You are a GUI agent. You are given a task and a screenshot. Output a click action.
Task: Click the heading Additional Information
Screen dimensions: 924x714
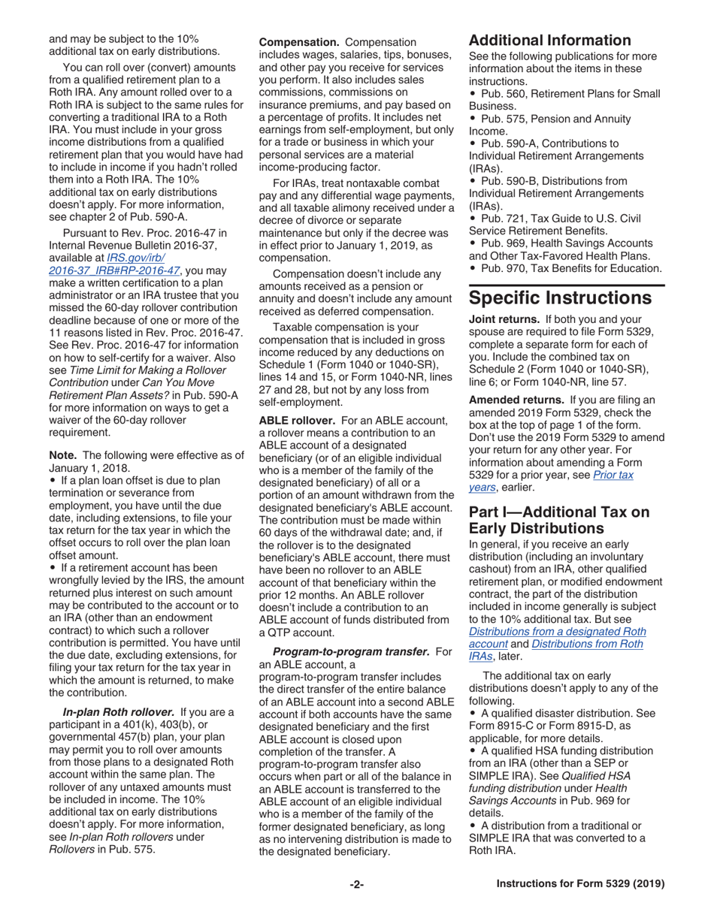click(549, 41)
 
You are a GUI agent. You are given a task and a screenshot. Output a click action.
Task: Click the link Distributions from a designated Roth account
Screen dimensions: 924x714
click(557, 638)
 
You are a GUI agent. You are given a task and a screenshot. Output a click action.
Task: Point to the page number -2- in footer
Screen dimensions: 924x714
click(356, 884)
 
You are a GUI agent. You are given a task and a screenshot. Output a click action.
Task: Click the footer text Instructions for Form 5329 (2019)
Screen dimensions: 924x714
click(580, 884)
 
